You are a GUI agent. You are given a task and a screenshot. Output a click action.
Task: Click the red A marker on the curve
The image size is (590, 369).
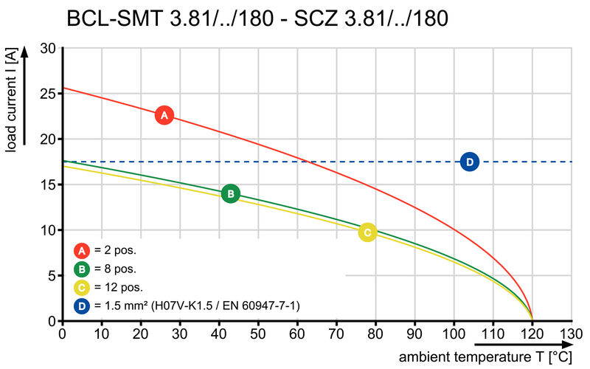164,115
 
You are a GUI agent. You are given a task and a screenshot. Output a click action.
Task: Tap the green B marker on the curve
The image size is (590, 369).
230,194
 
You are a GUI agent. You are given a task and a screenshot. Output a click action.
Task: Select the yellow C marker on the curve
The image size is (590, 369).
367,232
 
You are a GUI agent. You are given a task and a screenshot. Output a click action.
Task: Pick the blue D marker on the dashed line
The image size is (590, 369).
470,162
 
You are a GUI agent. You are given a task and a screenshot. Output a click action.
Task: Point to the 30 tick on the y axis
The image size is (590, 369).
48,49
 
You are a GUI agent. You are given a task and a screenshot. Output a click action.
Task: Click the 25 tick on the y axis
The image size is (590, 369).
48,94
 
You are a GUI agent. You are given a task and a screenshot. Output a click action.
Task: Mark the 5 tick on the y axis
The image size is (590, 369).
52,276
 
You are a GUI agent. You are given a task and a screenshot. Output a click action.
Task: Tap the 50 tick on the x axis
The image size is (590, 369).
258,333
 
